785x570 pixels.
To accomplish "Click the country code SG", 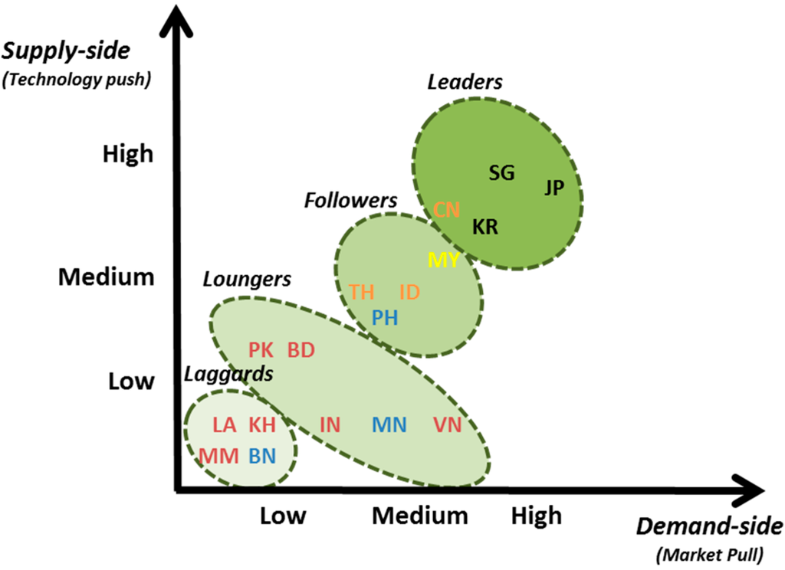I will tap(501, 173).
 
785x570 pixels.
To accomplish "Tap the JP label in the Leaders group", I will tap(554, 187).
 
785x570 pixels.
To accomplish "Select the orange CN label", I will tap(447, 210).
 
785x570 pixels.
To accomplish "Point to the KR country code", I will tap(484, 227).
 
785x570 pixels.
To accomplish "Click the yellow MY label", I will tap(443, 260).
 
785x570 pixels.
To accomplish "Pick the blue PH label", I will tap(385, 317).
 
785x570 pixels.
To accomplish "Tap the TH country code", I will tap(362, 292).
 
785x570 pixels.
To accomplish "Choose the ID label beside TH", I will tap(410, 292).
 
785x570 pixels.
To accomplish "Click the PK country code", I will tap(261, 350).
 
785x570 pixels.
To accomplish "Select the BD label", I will tap(301, 350).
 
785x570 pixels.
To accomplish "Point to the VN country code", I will tap(448, 424).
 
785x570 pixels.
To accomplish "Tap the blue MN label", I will tap(389, 424).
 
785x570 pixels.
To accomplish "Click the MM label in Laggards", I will tap(219, 456).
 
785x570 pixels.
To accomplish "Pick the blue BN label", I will tap(261, 456).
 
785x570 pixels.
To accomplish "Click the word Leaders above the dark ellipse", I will tap(465, 82).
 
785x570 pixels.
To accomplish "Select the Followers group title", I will tap(350, 201).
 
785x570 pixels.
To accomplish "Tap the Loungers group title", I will tap(247, 279).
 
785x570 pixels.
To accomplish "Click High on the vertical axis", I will tap(128, 154).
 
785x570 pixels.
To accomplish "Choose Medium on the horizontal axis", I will tap(420, 516).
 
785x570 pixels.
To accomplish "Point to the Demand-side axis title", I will tap(709, 526).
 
